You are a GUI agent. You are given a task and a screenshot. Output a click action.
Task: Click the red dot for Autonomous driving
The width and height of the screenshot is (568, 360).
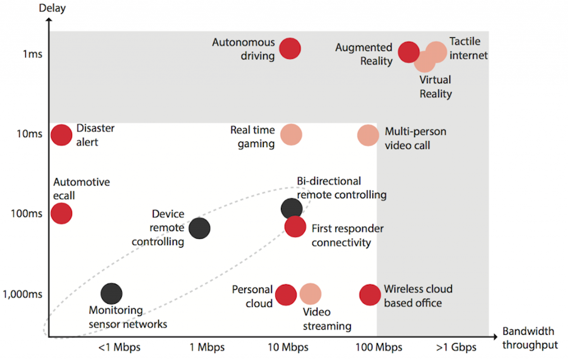(290, 48)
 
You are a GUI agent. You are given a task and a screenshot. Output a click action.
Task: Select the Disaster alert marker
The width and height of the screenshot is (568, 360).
(61, 135)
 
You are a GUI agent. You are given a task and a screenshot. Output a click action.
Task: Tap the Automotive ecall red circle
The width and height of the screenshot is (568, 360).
(61, 213)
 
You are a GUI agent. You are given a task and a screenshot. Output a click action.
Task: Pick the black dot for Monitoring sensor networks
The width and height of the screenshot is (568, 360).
(112, 293)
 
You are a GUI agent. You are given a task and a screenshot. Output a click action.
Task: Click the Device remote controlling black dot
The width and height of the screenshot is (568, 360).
(199, 229)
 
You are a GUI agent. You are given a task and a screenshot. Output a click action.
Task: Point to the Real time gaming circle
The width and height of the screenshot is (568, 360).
(291, 135)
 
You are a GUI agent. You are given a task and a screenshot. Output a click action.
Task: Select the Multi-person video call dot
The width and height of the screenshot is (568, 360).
(368, 135)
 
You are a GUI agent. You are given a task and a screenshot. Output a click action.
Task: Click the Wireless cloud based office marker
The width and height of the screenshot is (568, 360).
(370, 294)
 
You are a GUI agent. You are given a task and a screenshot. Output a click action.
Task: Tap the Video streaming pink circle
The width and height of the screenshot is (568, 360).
(311, 294)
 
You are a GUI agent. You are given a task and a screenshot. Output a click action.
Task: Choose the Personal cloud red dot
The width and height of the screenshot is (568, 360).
(286, 294)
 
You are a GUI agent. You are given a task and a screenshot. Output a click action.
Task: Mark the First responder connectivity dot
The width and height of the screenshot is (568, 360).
(295, 226)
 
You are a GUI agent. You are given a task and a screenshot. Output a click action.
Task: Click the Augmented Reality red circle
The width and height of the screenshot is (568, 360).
(409, 53)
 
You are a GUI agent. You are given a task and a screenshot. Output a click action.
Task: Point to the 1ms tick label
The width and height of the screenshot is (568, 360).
(32, 54)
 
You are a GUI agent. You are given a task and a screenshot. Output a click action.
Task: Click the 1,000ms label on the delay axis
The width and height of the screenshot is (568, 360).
(23, 294)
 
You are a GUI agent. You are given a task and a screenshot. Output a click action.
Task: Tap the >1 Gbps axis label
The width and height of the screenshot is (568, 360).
(456, 347)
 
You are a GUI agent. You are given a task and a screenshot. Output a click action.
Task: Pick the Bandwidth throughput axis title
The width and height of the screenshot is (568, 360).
(530, 338)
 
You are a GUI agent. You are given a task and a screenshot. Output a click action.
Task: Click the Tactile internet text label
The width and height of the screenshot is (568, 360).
(468, 49)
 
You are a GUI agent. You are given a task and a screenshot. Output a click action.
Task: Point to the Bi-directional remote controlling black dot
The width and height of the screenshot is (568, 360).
(291, 208)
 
